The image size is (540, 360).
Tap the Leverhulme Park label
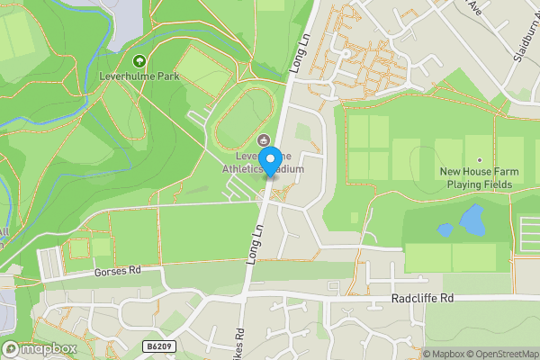click(x=139, y=76)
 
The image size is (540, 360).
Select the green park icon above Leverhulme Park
click(x=139, y=61)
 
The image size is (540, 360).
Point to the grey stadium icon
click(x=264, y=139)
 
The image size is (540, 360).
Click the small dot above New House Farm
click(x=479, y=159)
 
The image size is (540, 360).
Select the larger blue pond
click(x=471, y=219)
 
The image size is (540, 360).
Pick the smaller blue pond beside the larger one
click(x=445, y=229)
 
